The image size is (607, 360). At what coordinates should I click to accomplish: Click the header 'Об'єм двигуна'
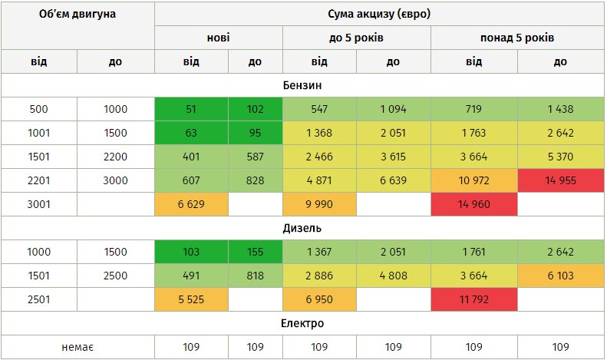tap(77, 15)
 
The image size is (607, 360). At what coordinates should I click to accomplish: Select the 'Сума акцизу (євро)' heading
tap(378, 15)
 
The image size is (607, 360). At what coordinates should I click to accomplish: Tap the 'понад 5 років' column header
tap(516, 38)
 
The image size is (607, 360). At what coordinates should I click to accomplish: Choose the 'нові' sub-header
tap(218, 38)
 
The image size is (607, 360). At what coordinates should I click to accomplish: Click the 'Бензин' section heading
tap(302, 85)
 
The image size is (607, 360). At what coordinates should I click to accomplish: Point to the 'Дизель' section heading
tap(302, 228)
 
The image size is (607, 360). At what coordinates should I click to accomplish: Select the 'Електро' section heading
tap(302, 323)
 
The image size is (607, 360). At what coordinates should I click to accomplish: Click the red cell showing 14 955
tap(560, 181)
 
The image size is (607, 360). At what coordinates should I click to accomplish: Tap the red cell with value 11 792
tap(473, 299)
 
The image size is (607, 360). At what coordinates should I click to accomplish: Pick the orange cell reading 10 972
tap(473, 181)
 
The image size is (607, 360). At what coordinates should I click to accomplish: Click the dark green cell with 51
tap(191, 109)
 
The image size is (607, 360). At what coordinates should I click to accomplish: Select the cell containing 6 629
tap(191, 205)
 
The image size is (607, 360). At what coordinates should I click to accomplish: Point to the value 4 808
tap(392, 276)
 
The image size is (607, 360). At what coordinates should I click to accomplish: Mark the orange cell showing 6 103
tap(560, 276)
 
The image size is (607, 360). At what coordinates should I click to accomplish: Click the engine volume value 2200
tap(115, 157)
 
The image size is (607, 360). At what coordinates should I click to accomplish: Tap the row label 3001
tap(38, 205)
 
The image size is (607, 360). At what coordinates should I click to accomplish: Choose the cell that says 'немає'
tap(77, 347)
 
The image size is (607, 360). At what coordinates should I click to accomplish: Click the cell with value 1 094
tap(392, 109)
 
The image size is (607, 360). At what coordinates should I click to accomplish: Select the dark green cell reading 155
tap(254, 252)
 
